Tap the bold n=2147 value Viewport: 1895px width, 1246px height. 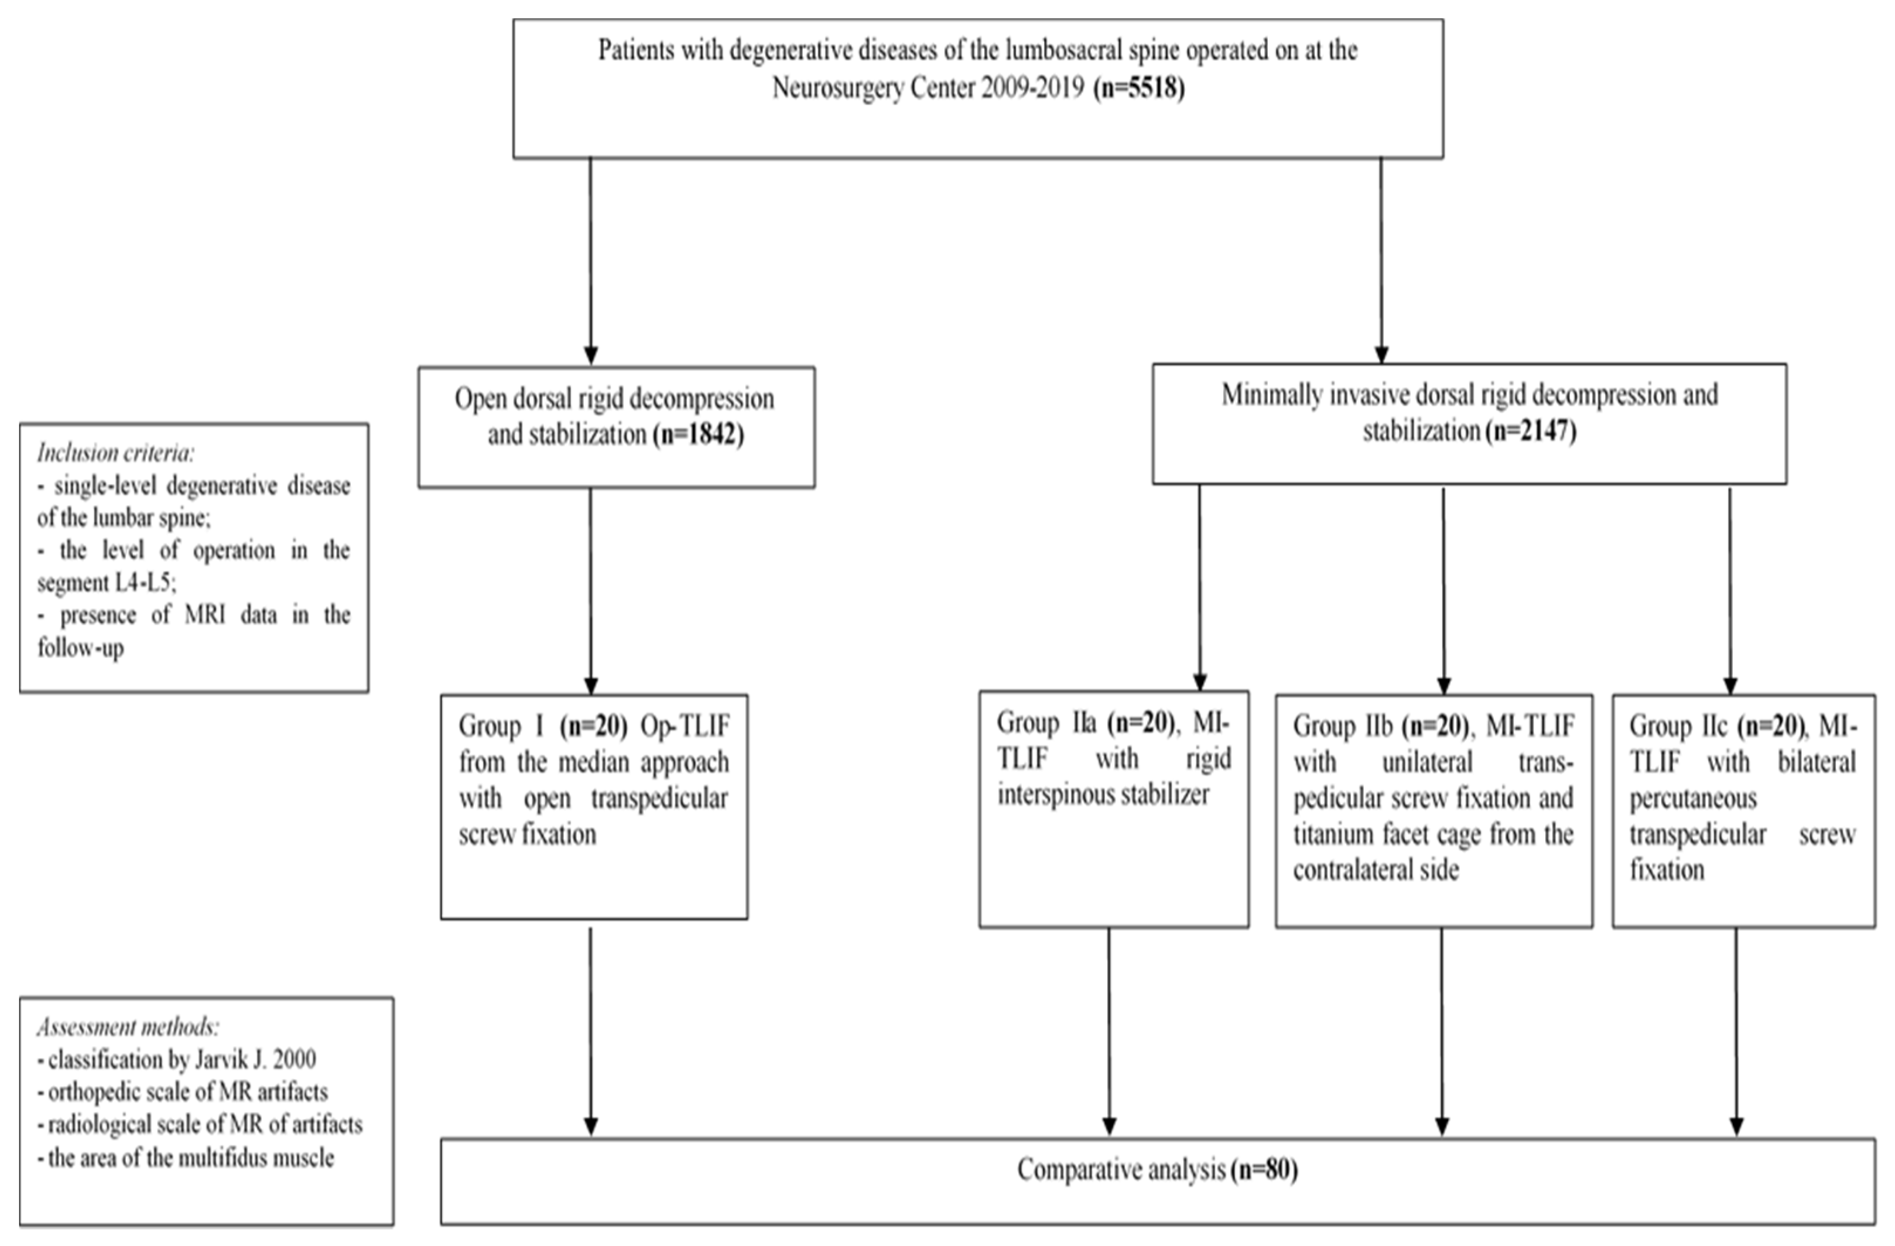(x=1530, y=432)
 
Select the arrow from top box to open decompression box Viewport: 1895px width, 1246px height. (x=590, y=263)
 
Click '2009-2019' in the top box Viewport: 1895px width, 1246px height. (x=1032, y=88)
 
